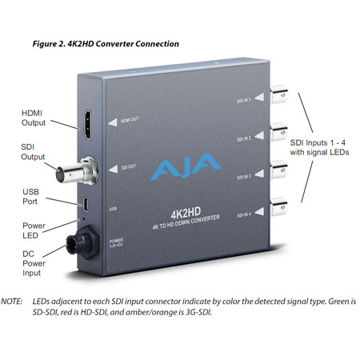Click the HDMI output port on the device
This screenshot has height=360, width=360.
[84, 126]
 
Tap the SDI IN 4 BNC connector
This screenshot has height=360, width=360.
[281, 206]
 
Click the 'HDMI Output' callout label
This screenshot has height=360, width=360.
[33, 120]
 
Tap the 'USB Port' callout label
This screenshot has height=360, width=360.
[33, 191]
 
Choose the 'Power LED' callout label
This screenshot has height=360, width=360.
[33, 230]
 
